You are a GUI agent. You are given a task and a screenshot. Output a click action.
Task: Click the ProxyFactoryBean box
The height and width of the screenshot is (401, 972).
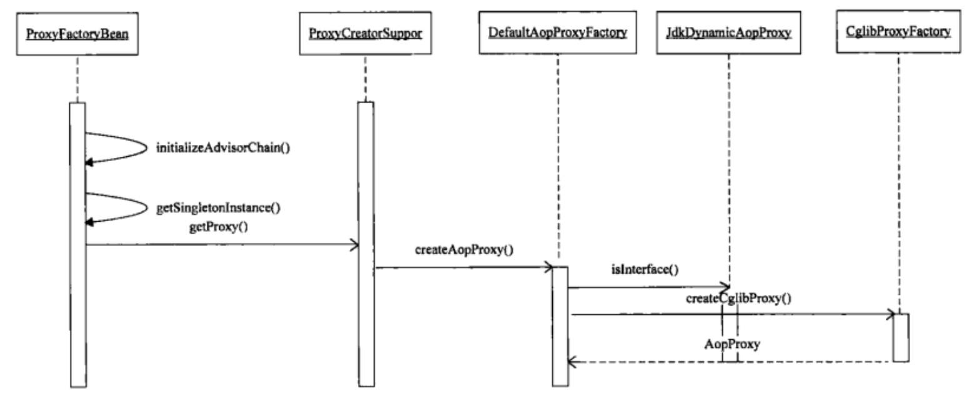click(77, 34)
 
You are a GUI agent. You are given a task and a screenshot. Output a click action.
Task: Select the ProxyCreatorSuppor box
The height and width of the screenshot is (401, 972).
click(365, 33)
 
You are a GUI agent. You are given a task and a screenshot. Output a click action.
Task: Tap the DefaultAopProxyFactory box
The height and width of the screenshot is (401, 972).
click(558, 32)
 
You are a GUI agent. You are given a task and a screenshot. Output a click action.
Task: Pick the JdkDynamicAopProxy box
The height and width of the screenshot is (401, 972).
click(728, 32)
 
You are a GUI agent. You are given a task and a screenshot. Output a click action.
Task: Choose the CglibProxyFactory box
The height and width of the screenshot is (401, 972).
click(898, 32)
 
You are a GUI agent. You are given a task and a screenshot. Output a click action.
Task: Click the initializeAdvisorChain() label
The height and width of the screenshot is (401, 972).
click(223, 147)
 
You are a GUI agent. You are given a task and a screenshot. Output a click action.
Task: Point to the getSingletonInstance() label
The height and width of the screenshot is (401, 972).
click(218, 208)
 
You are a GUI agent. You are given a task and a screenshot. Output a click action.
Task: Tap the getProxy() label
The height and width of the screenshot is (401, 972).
click(218, 227)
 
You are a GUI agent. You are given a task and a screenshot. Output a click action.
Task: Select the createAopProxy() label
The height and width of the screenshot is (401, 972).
click(464, 250)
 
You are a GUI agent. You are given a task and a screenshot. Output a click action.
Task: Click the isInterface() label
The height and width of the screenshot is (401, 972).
click(645, 269)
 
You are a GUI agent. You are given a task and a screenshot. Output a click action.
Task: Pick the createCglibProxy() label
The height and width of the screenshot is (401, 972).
click(738, 298)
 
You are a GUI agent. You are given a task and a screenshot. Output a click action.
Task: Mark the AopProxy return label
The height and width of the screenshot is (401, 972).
click(732, 344)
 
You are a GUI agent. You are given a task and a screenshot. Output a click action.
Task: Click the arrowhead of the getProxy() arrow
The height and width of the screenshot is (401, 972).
click(355, 245)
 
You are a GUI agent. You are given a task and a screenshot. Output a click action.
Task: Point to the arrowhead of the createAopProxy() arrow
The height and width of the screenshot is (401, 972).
click(549, 267)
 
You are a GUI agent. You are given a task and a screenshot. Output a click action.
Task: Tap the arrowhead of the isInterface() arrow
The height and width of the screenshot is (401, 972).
click(725, 287)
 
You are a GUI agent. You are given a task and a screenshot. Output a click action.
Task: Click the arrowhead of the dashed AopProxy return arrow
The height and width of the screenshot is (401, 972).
click(572, 362)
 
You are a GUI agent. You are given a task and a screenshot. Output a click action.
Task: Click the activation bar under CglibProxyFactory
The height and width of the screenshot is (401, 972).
click(901, 337)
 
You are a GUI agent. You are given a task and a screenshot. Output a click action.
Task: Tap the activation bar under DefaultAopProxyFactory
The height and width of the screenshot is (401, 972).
click(560, 326)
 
